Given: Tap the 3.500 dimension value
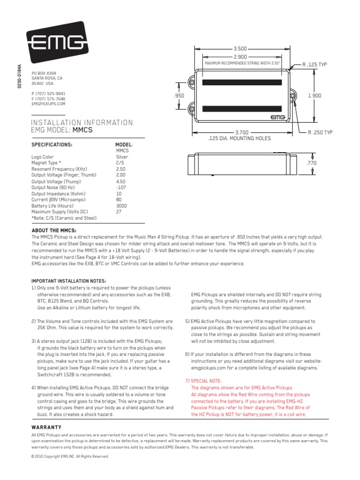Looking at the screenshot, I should tap(240, 48).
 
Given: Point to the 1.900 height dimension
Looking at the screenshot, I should tap(314, 95).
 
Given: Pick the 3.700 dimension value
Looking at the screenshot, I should tap(241, 133).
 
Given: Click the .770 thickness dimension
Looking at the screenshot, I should tap(311, 163).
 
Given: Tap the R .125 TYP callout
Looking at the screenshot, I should tap(315, 64).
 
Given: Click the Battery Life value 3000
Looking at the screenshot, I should tap(121, 205).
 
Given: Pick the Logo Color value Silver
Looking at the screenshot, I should tap(122, 157).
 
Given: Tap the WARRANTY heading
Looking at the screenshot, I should tap(46, 427).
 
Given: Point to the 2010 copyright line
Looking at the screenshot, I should tap(70, 456).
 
